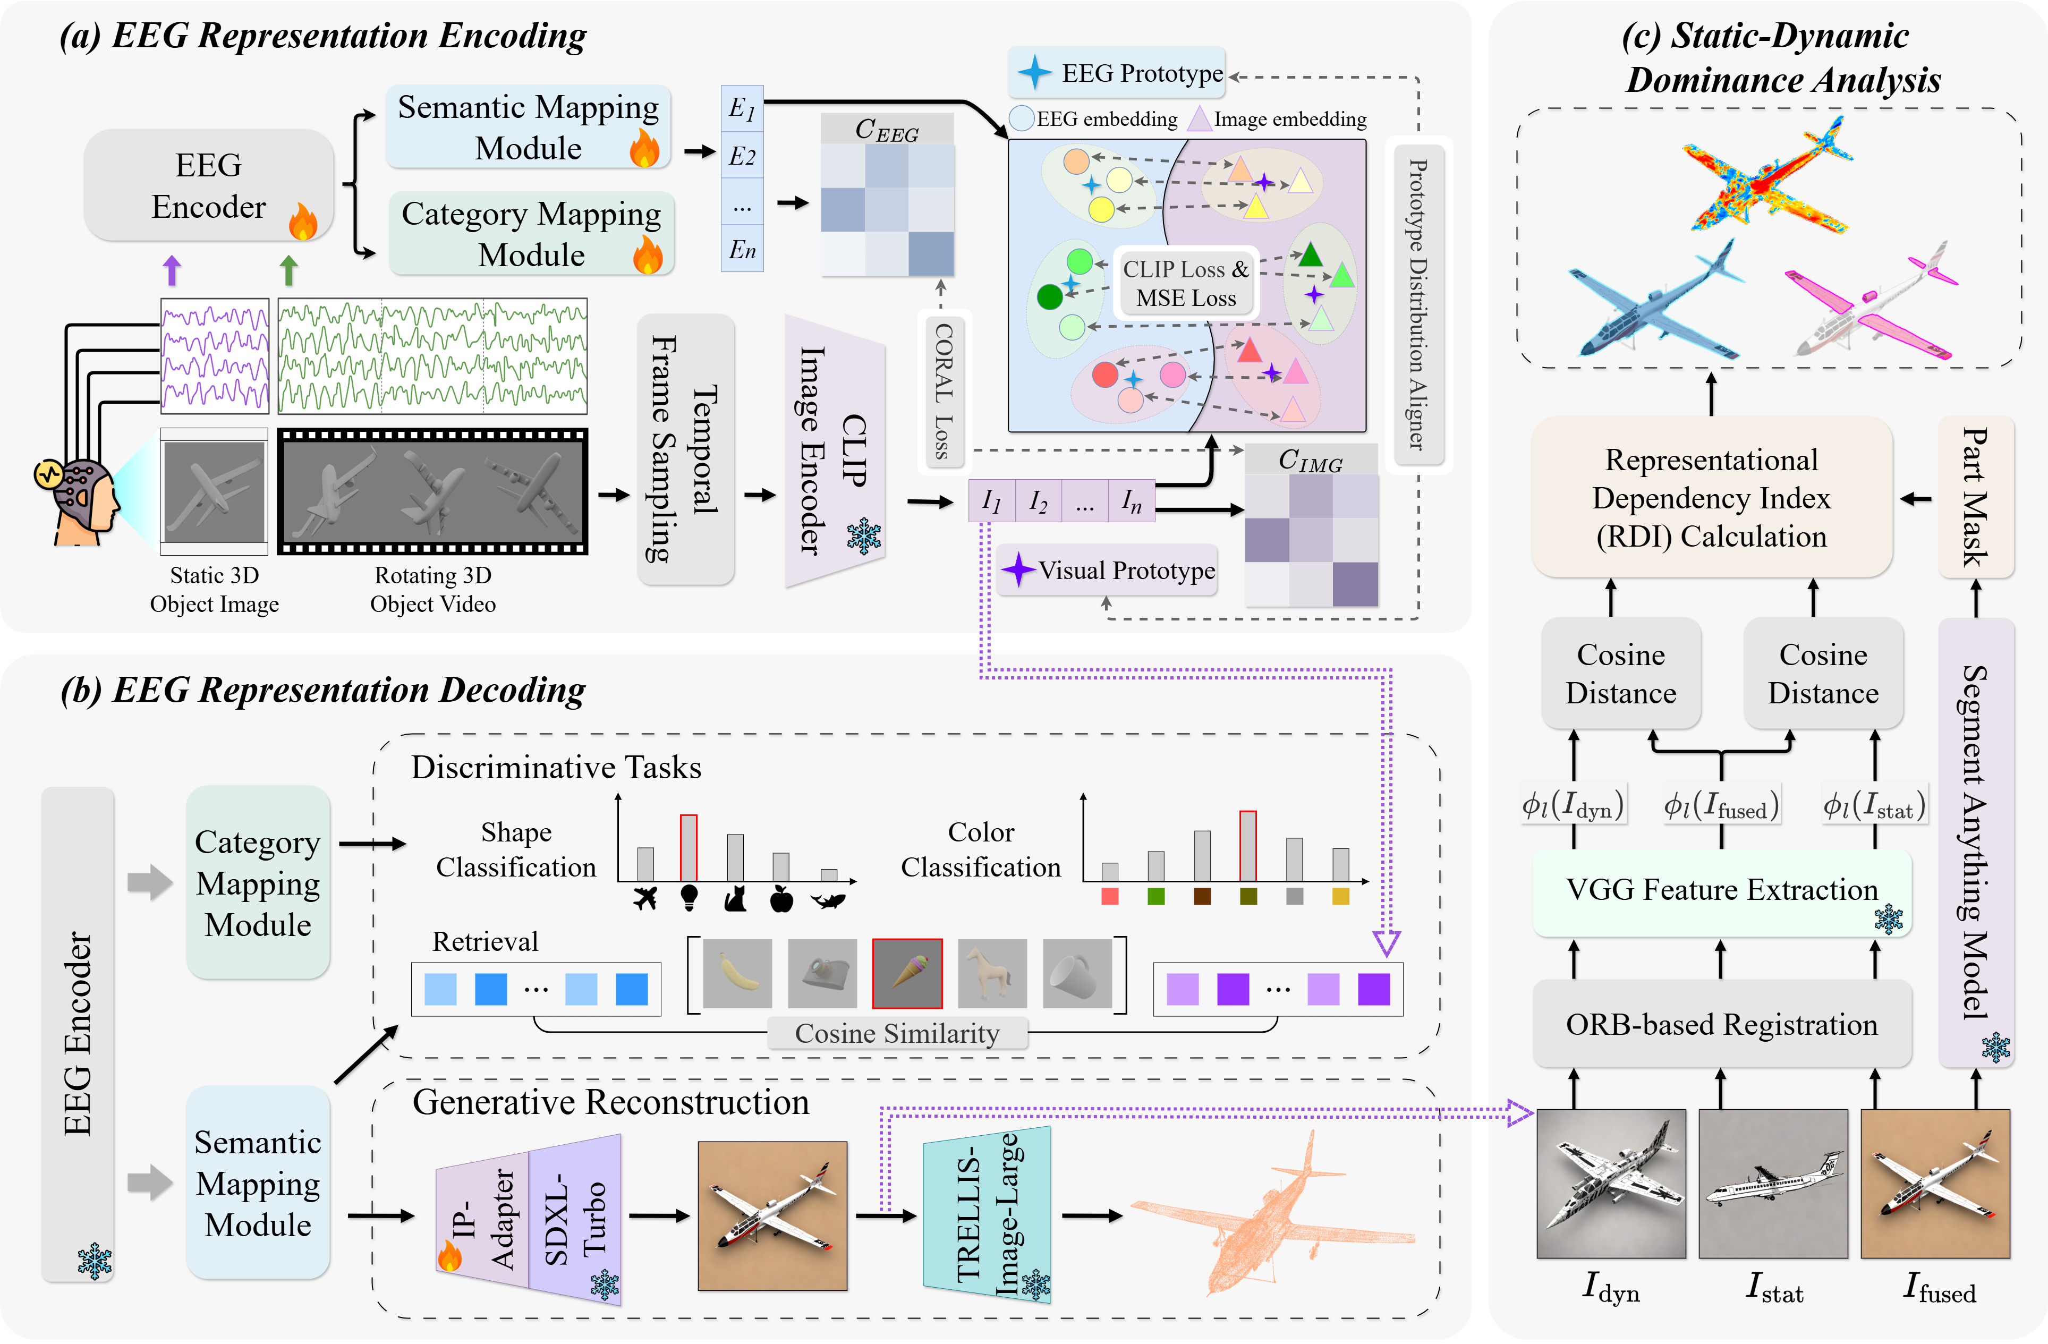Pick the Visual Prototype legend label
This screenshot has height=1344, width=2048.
tap(1126, 571)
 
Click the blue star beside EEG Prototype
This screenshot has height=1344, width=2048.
tap(1034, 73)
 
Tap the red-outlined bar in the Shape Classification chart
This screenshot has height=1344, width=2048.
tap(689, 847)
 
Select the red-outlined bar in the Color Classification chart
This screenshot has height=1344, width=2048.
tap(1248, 846)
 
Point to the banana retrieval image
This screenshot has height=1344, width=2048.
tap(737, 973)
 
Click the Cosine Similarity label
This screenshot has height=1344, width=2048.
tap(897, 1033)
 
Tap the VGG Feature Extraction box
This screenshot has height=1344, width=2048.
tap(1721, 890)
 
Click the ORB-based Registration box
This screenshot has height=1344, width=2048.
tap(1721, 1025)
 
